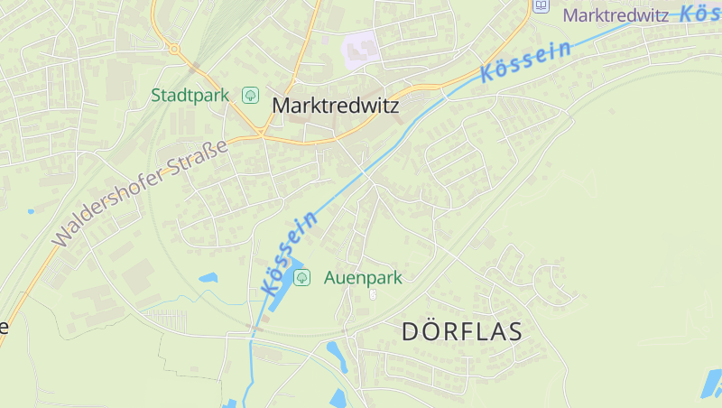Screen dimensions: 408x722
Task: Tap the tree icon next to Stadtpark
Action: click(250, 95)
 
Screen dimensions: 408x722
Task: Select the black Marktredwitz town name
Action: click(336, 106)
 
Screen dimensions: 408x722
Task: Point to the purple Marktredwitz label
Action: click(615, 15)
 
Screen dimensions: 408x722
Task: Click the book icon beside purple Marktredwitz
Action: click(541, 5)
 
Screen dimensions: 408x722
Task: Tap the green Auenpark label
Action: click(363, 278)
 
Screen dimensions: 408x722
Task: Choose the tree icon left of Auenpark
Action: click(302, 278)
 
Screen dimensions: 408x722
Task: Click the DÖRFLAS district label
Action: click(462, 331)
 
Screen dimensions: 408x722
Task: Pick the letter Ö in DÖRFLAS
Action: click(434, 331)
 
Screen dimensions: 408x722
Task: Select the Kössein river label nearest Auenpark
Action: click(290, 253)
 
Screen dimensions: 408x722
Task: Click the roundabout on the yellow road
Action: click(174, 49)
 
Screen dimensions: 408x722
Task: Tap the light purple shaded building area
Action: click(360, 49)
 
